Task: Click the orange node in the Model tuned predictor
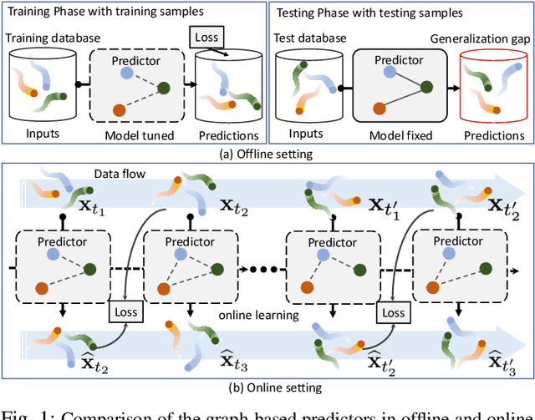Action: coord(120,109)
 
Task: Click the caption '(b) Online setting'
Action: coord(266,386)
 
